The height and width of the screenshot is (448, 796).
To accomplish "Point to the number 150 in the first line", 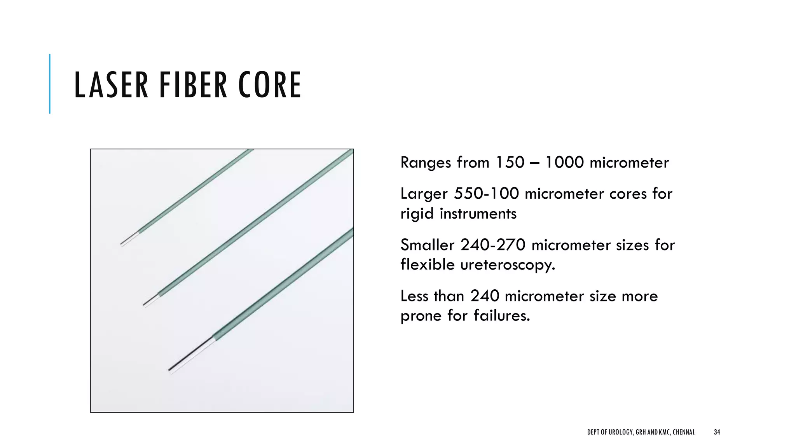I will coord(510,163).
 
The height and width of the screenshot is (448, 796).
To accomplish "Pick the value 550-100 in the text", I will coord(486,194).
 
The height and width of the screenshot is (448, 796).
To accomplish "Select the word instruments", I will coord(478,213).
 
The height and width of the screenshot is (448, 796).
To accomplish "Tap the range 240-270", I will coord(493,245).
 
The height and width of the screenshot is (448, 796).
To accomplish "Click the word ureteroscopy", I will coord(508,265).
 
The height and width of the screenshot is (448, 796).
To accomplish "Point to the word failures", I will coord(502,315).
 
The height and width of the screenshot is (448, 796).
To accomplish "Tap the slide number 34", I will coord(717,432).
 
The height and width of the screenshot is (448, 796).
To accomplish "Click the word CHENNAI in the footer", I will coord(684,432).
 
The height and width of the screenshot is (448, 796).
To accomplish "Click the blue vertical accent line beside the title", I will coord(50,84).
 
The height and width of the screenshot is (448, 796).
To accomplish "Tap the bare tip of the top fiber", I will coord(130,239).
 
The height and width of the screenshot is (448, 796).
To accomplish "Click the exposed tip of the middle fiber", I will coord(151,300).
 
